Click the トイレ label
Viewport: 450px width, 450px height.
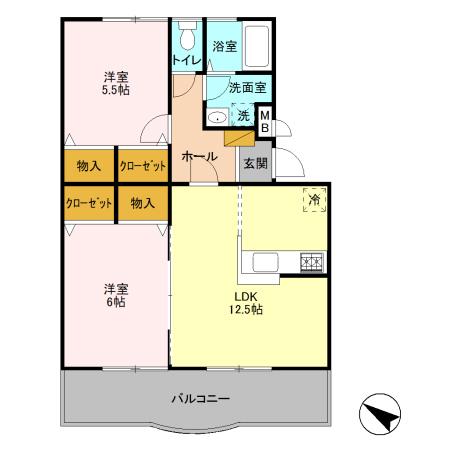coord(187,60)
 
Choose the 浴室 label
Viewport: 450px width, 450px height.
coord(224,46)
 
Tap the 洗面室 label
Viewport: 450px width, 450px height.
coord(245,87)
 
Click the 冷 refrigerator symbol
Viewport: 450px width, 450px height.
coord(314,200)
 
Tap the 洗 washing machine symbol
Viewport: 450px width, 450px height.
coord(242,116)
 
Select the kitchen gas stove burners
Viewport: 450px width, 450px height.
coord(311,262)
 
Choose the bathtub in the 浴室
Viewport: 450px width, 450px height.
coord(254,45)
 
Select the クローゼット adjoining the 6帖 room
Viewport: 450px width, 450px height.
coord(89,202)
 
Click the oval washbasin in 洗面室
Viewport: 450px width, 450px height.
coord(216,118)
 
